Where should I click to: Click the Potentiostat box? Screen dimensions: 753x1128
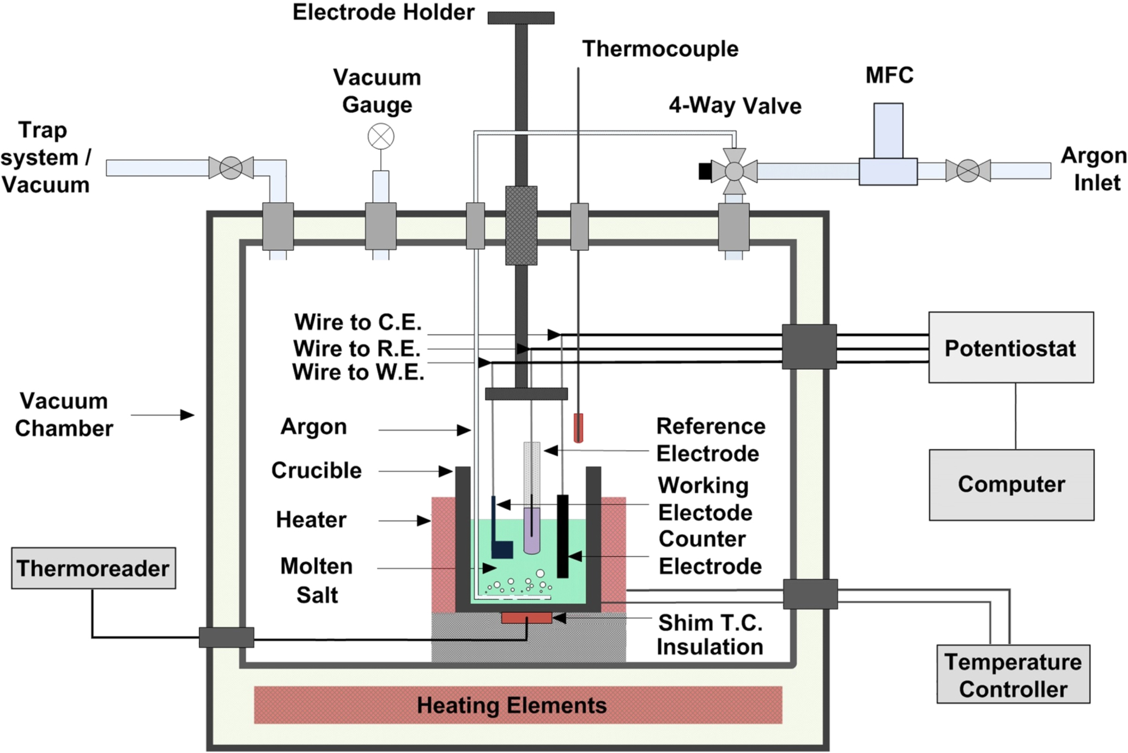1011,347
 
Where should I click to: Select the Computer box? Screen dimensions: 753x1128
1011,485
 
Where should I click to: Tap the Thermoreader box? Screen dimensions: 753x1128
93,568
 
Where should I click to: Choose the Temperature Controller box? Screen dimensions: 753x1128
1013,674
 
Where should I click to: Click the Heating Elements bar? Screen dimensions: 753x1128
518,705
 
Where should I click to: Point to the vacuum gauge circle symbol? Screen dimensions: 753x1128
381,136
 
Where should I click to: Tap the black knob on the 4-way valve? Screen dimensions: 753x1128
705,171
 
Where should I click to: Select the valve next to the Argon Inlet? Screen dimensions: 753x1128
968,171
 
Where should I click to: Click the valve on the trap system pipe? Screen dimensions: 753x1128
231,168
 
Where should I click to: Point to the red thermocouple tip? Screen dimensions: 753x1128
578,427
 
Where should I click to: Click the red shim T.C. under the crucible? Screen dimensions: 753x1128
526,618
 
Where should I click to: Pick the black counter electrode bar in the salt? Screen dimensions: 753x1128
562,536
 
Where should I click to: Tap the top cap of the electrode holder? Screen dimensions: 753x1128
521,18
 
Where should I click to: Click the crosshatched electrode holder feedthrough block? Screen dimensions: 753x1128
521,226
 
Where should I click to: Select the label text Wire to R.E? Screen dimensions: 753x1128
357,348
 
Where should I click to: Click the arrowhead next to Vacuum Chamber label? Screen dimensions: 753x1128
187,415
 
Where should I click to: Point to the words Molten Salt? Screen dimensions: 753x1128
317,580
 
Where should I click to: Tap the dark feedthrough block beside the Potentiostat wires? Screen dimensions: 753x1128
809,347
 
